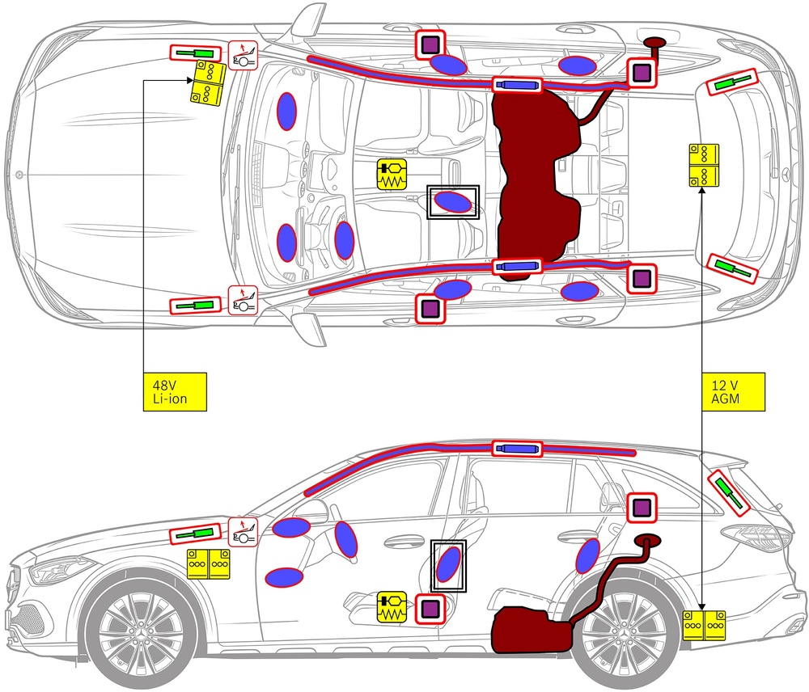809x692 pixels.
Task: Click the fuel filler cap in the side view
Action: point(646,539)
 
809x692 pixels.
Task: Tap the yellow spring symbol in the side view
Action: point(393,607)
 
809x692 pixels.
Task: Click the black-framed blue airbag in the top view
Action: point(452,202)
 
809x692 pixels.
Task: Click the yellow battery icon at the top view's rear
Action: point(704,166)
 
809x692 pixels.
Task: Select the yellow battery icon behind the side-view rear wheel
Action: point(704,626)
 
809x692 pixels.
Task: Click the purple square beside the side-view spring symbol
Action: point(430,608)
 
